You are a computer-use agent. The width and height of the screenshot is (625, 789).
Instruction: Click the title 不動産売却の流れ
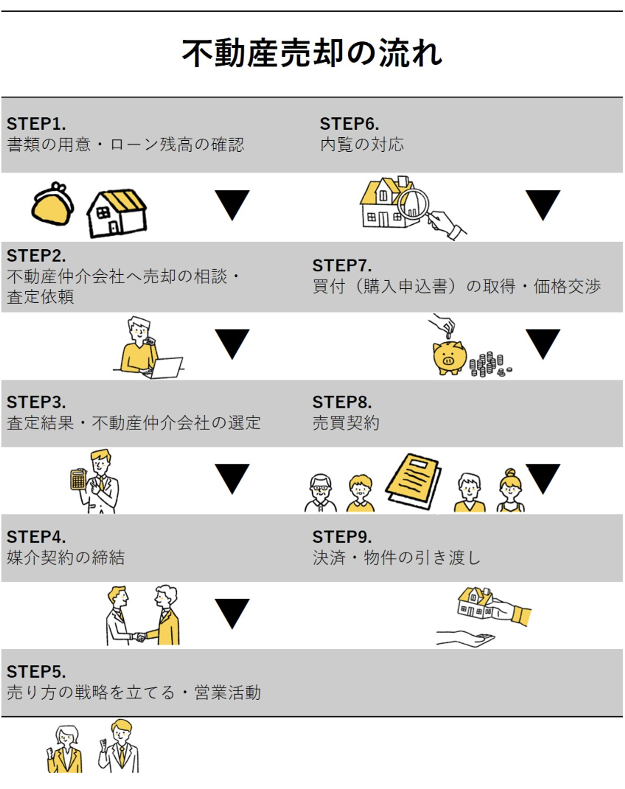tap(312, 54)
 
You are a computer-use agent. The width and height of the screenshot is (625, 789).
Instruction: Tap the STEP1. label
tap(36, 123)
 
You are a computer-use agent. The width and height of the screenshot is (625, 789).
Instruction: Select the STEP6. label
tap(349, 123)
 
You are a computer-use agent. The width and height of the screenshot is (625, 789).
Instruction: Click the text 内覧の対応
tap(362, 145)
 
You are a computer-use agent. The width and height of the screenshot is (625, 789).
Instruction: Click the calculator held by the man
tap(77, 479)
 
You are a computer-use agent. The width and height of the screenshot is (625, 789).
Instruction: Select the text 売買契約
tap(346, 423)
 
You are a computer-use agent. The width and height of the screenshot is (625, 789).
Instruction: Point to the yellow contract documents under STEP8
tap(414, 477)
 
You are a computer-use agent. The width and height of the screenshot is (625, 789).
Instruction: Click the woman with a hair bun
tap(510, 490)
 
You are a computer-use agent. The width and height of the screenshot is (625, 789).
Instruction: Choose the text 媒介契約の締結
tap(66, 557)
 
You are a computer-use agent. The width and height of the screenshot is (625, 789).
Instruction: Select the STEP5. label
tap(36, 672)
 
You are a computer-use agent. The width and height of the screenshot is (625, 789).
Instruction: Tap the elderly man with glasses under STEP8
tap(321, 493)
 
